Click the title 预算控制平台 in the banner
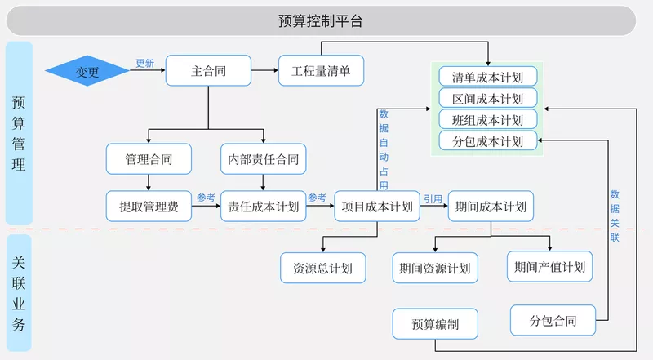coord(320,20)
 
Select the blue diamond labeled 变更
coord(87,71)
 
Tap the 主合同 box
coord(208,71)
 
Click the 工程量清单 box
coord(321,71)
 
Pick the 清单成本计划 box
coord(487,78)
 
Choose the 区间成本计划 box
coord(487,99)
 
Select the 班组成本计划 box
coord(487,120)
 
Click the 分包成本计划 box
coord(487,141)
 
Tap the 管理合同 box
coord(149,158)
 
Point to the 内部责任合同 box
coord(263,158)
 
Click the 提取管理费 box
coord(149,207)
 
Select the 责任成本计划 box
coord(263,207)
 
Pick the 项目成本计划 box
coord(377,207)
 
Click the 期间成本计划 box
coord(491,207)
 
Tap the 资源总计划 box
coord(322,268)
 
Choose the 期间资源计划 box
coord(434,268)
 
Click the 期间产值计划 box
coord(549,267)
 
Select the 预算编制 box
coord(436,324)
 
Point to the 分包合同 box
coord(553,320)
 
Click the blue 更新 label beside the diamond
coord(144,63)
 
